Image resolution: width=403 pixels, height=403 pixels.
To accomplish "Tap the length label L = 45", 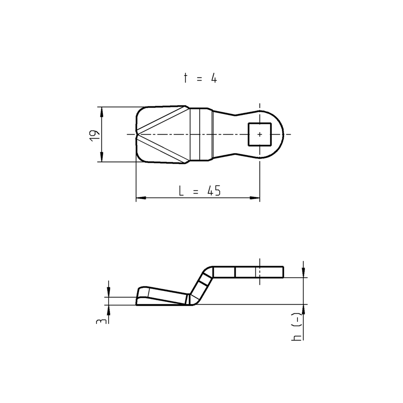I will pyautogui.click(x=200, y=191).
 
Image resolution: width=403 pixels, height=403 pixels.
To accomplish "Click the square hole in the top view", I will pyautogui.click(x=259, y=134).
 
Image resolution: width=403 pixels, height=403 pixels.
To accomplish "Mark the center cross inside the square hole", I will pyautogui.click(x=259, y=134).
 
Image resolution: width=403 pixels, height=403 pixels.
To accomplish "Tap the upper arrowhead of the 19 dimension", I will pyautogui.click(x=102, y=111).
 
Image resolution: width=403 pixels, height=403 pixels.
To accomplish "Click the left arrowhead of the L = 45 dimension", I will pyautogui.click(x=140, y=198).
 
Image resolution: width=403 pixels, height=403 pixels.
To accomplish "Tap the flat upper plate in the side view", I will pyautogui.click(x=248, y=272).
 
